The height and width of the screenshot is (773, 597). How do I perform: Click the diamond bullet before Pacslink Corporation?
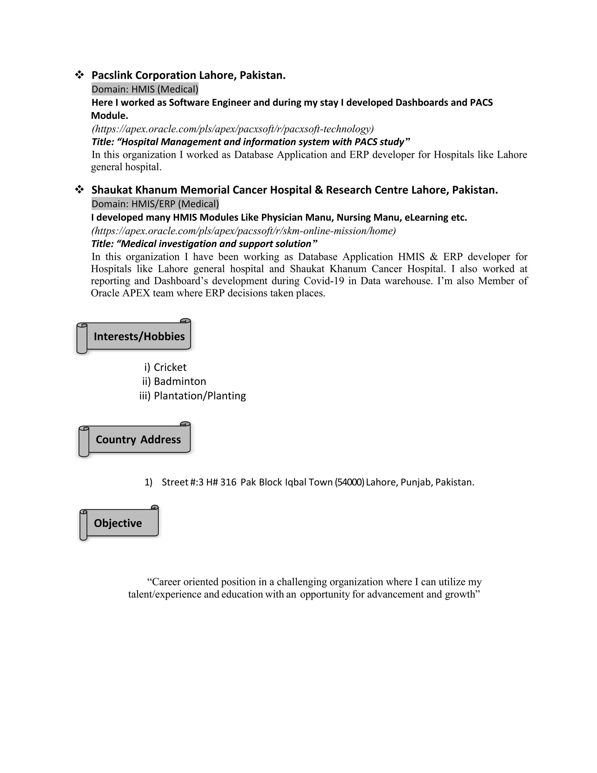click(79, 75)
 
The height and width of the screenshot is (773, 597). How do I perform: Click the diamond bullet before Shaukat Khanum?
click(79, 190)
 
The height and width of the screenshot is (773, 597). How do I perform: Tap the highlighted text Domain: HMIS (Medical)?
click(145, 89)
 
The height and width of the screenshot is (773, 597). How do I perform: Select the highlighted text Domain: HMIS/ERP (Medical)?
click(155, 204)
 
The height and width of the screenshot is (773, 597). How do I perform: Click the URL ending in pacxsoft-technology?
click(232, 129)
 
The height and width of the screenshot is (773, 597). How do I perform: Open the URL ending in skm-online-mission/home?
click(243, 231)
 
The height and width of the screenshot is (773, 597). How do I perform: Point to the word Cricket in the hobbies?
click(170, 367)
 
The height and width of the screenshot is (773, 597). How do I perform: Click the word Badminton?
click(180, 382)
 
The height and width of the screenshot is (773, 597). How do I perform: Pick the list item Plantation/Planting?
click(199, 396)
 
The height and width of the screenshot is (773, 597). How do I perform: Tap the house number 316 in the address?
click(228, 482)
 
